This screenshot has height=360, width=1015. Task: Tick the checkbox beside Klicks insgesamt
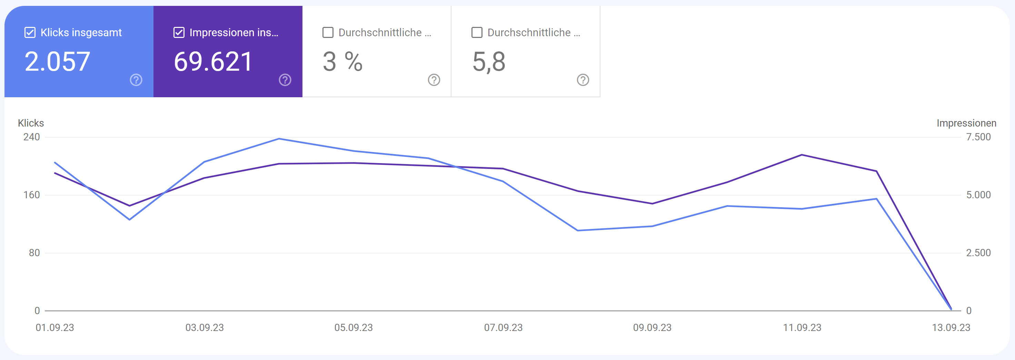(30, 32)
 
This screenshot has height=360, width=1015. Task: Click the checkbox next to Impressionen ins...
(179, 32)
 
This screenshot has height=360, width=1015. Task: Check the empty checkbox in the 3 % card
(328, 32)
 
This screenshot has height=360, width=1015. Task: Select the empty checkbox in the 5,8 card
(477, 32)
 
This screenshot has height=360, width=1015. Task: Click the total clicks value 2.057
(58, 62)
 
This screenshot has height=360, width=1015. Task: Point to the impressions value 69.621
(213, 62)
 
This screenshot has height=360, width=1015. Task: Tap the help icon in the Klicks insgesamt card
(136, 80)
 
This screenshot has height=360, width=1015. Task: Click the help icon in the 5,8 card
(583, 80)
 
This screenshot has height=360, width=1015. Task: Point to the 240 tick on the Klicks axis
(31, 137)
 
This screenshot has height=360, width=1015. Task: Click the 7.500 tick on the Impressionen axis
(978, 137)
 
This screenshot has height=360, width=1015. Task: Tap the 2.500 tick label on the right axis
(978, 253)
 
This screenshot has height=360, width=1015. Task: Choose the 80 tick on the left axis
(34, 253)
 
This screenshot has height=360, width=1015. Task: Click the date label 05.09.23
(354, 328)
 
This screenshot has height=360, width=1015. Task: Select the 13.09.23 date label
(951, 328)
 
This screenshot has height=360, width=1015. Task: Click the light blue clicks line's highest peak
(279, 139)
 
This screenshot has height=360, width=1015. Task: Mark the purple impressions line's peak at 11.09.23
(802, 155)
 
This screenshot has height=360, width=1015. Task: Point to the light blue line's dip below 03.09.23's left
(130, 219)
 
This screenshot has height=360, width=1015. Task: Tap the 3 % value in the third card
(342, 62)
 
